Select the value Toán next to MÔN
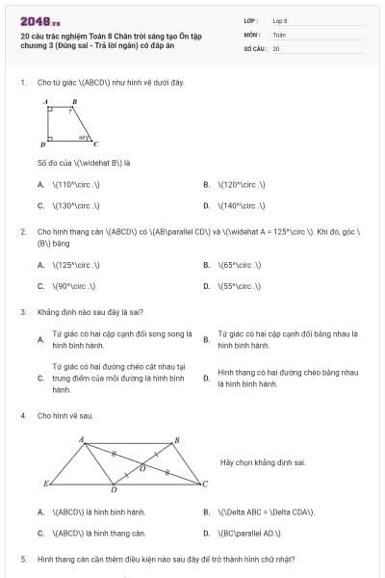click(x=278, y=34)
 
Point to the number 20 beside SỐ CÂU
click(x=276, y=47)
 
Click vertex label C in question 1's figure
click(x=95, y=144)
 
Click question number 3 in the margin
click(x=22, y=312)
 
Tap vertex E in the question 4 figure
click(x=46, y=482)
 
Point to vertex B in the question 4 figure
click(x=175, y=440)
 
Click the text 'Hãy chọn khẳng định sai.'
click(x=262, y=463)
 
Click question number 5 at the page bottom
click(x=22, y=559)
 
